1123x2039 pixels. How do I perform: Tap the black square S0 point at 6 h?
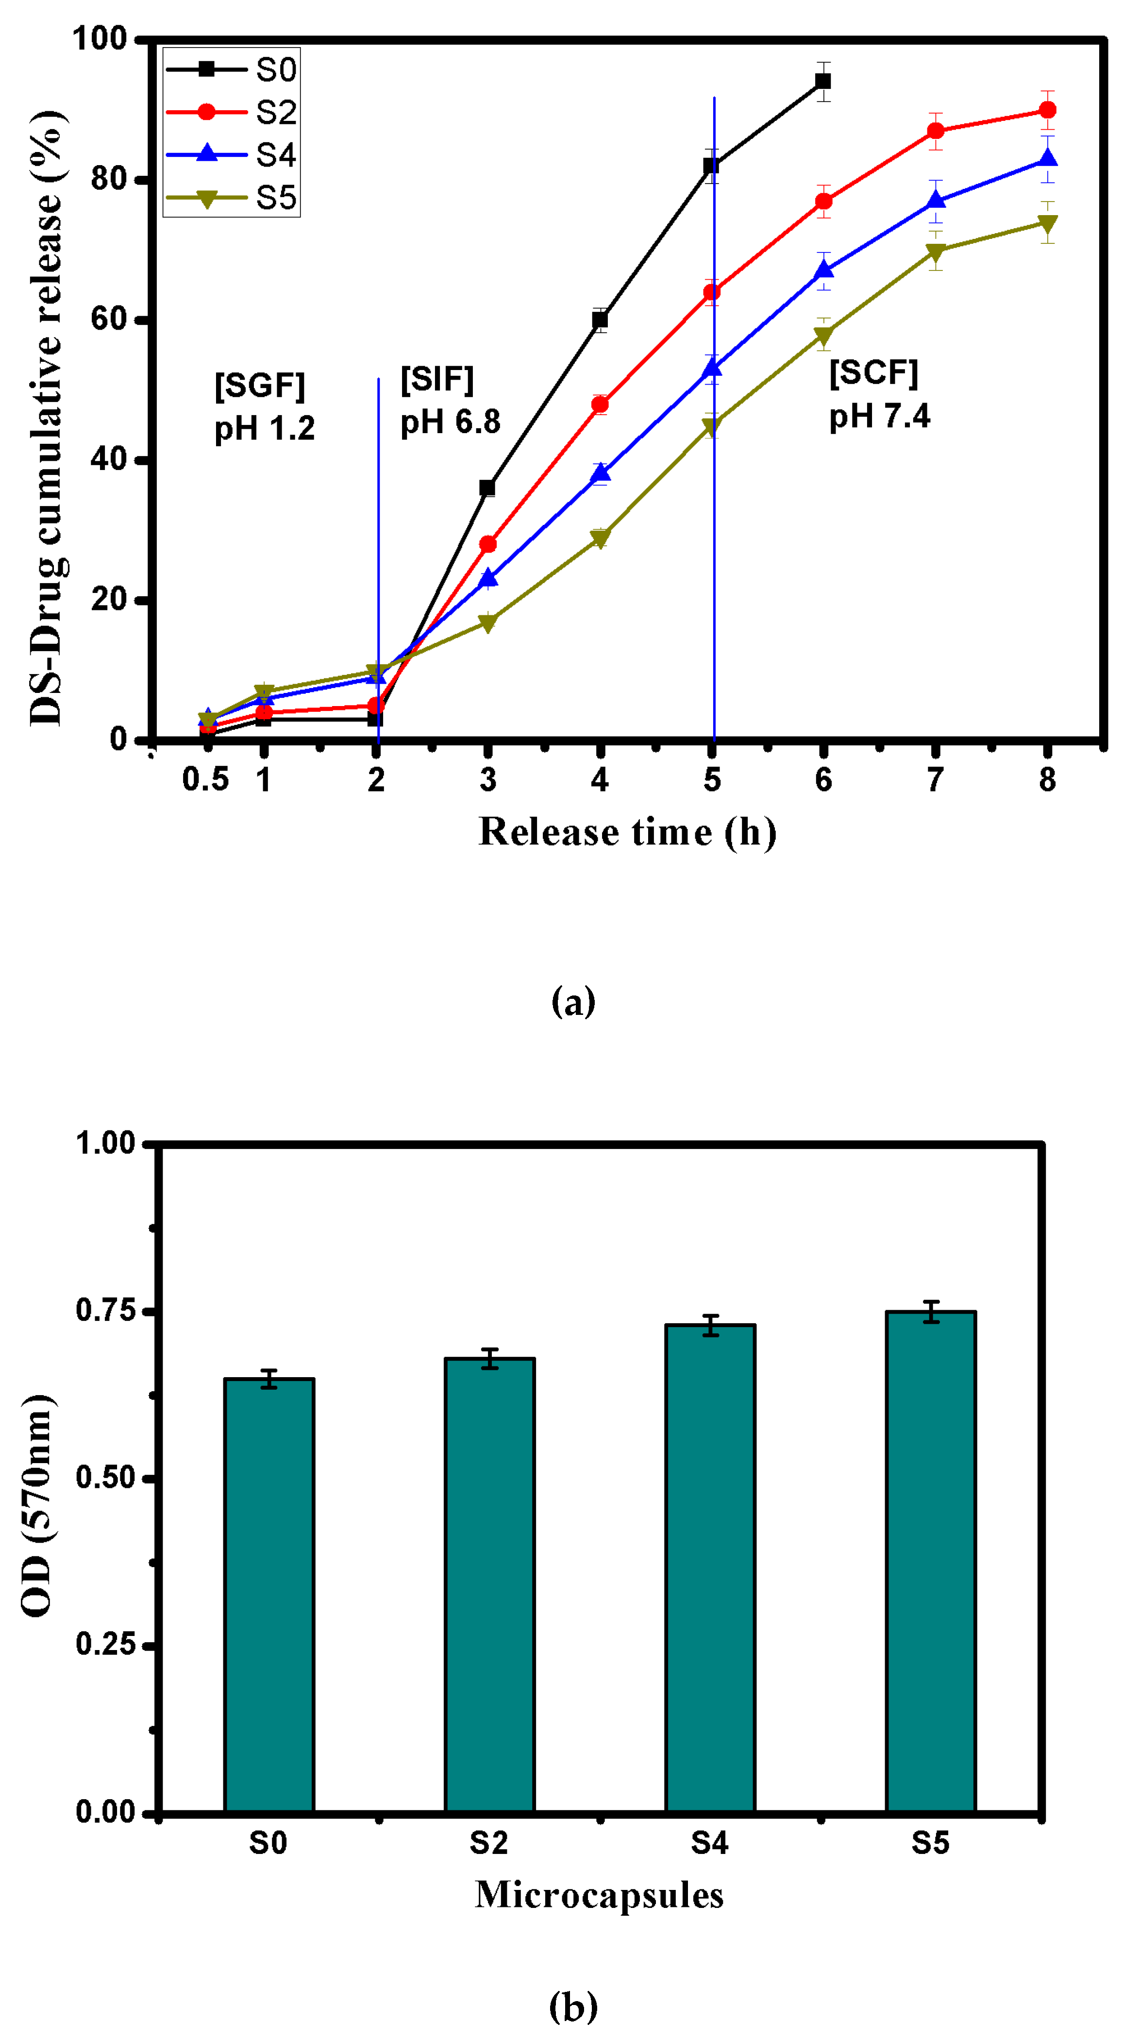coord(823,81)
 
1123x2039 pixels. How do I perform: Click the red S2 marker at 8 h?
coord(1047,110)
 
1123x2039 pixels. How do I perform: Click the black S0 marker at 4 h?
coord(600,320)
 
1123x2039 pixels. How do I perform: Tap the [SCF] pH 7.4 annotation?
coord(878,393)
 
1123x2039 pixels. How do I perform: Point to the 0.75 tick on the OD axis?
coord(105,1310)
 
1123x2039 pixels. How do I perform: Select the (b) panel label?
coord(573,2006)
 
